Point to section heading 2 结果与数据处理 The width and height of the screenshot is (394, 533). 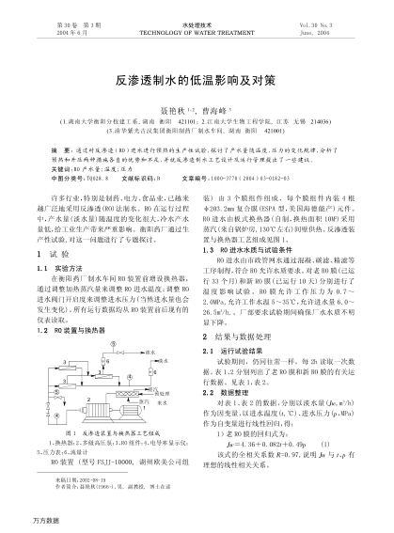pyautogui.click(x=244, y=335)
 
